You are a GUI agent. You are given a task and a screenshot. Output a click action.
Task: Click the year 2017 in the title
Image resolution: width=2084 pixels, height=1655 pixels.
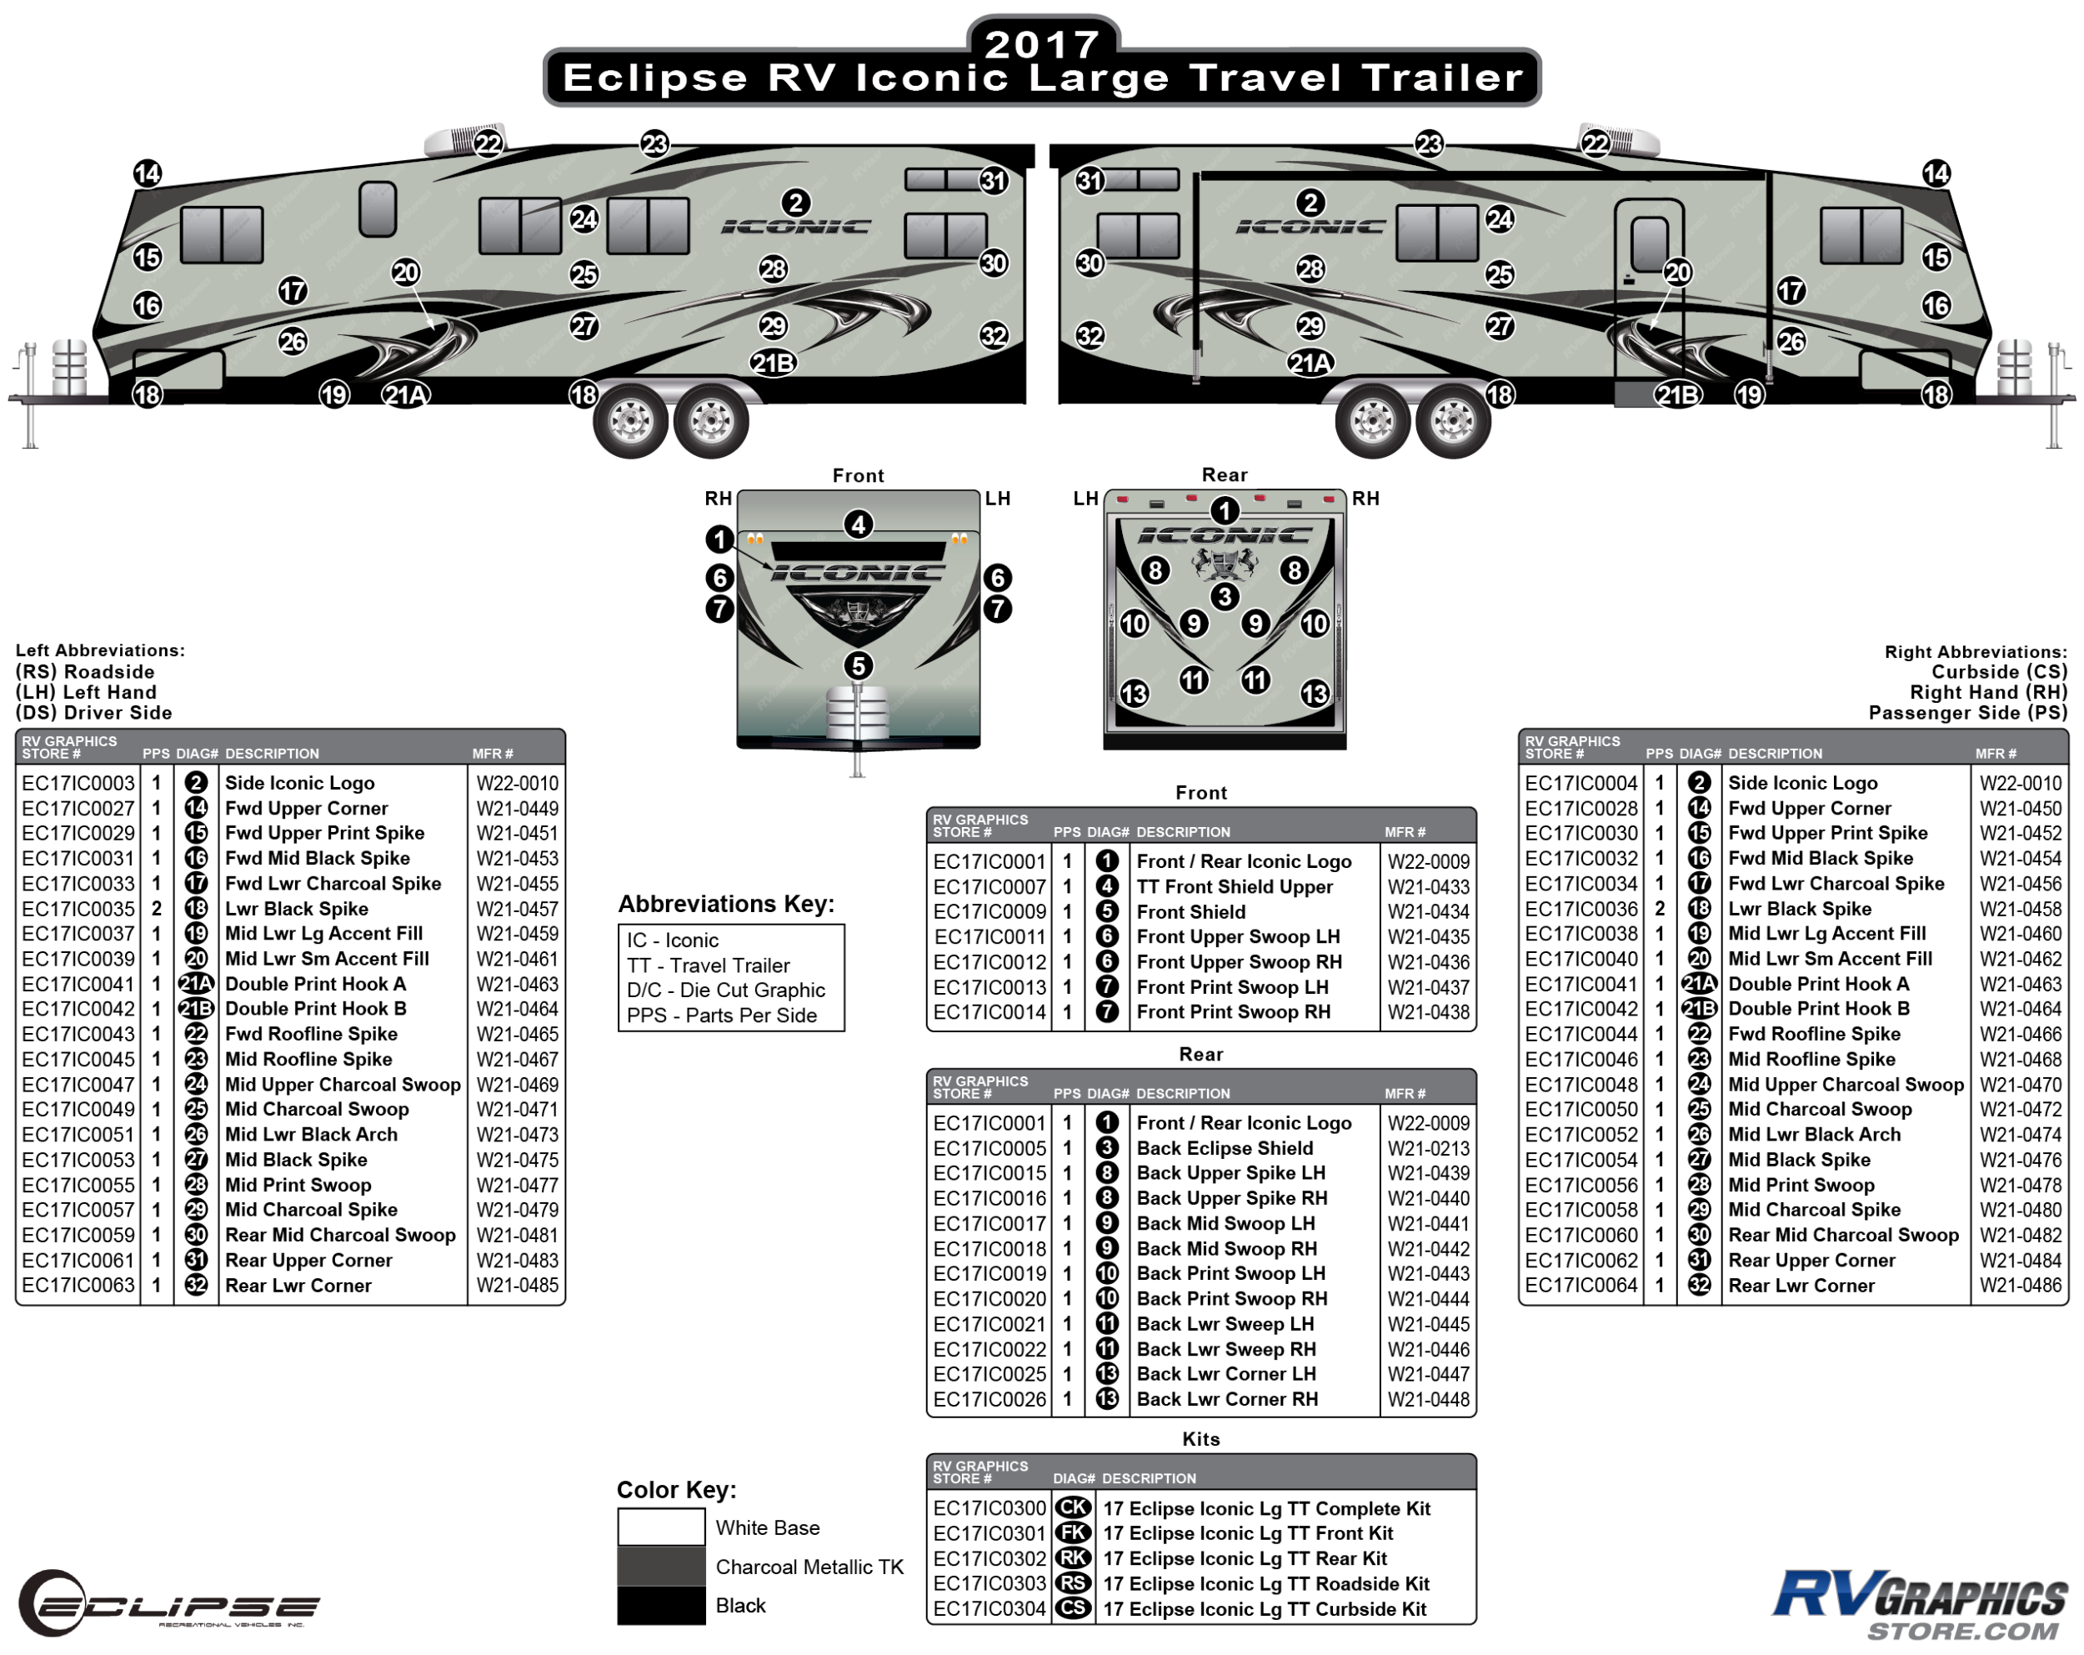tap(1042, 43)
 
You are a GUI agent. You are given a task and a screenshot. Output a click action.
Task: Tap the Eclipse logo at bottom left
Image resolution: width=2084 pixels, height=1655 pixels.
tap(169, 1602)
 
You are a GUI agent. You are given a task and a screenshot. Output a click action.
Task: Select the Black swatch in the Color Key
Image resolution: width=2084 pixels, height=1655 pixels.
tap(661, 1606)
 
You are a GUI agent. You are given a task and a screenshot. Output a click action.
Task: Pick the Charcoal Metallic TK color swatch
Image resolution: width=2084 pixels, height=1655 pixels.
tap(661, 1566)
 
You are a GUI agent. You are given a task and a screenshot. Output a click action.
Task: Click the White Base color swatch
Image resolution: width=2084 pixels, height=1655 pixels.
tap(661, 1527)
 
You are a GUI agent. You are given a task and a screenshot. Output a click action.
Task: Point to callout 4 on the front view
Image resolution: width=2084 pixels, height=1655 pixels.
tap(859, 525)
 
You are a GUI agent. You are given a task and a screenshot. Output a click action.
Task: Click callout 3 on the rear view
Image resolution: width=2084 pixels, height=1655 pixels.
tap(1225, 596)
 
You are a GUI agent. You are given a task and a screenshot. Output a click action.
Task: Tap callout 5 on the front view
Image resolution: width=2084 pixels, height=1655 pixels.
tap(859, 666)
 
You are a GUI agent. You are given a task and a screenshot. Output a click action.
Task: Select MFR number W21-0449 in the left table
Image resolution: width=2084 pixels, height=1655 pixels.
tap(517, 808)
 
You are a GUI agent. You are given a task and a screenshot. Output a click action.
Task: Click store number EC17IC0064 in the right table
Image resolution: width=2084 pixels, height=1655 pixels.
tap(1581, 1286)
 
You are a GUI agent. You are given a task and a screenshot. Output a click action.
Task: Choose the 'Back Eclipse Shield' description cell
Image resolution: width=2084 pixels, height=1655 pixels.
tap(1225, 1148)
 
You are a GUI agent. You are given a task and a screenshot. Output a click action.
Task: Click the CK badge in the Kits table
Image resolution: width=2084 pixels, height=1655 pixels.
tap(1073, 1508)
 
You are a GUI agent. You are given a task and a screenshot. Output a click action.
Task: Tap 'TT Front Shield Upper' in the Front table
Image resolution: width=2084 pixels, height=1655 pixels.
tap(1235, 886)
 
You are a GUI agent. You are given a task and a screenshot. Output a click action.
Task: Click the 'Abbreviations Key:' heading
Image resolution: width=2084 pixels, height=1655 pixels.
tap(726, 904)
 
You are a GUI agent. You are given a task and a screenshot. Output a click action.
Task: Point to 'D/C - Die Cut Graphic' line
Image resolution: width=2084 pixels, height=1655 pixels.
tap(726, 990)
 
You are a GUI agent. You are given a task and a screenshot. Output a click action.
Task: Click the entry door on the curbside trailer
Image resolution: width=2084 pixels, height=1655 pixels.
tap(1649, 290)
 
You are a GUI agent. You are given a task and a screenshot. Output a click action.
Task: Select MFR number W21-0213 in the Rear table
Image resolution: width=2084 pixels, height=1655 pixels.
tap(1429, 1148)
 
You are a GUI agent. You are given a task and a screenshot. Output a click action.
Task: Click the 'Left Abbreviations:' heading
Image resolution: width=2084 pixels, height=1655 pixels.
tap(99, 650)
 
